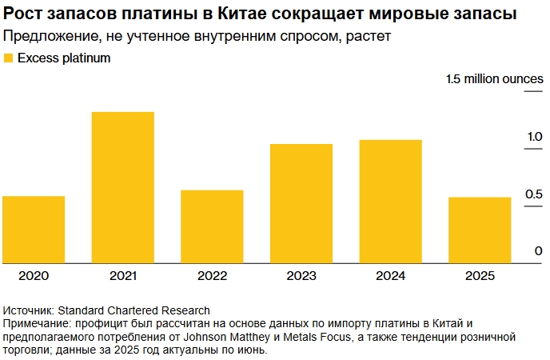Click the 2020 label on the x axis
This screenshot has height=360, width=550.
(34, 275)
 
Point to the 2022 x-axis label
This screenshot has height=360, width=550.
(212, 275)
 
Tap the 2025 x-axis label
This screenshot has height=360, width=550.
(479, 275)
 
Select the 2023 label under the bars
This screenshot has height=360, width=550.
(301, 275)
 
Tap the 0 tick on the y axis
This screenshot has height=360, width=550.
(539, 251)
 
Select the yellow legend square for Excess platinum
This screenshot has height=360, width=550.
(9, 58)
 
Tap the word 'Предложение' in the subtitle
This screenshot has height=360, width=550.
(46, 37)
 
